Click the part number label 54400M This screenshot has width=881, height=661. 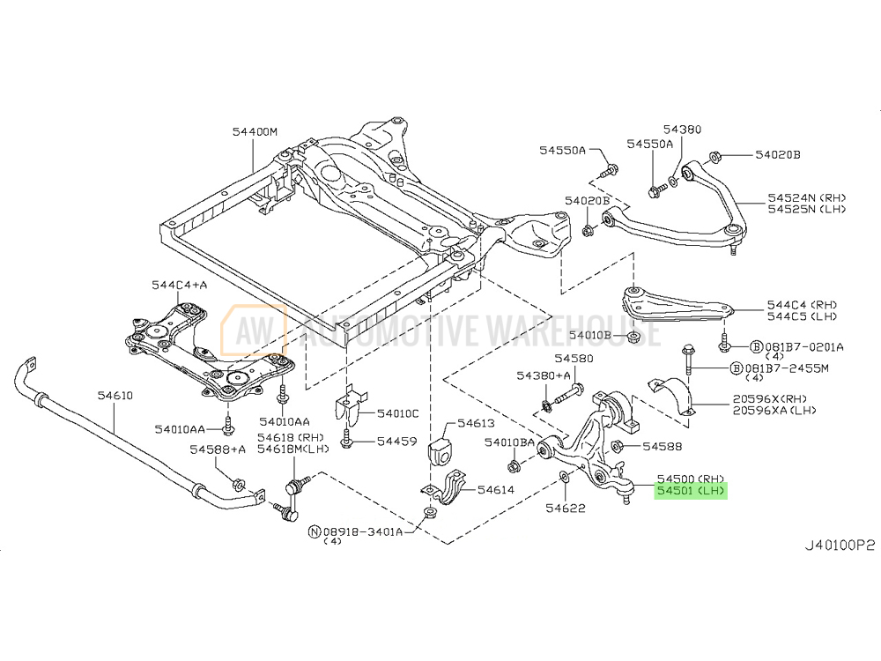[255, 131]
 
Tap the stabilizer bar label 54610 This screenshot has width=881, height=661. [115, 396]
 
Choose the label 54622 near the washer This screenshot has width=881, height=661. [565, 508]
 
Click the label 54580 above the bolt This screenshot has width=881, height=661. [574, 360]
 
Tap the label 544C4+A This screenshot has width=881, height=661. [178, 285]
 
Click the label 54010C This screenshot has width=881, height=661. [397, 413]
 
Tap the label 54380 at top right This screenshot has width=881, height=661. [683, 130]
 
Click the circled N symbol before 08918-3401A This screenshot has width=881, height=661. [314, 531]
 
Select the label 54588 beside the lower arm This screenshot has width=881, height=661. [663, 447]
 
